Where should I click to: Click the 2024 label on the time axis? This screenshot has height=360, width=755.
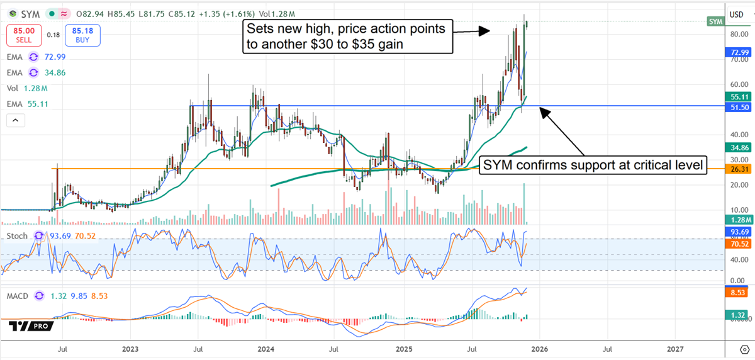pyautogui.click(x=266, y=347)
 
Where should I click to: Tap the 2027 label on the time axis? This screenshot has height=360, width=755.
pyautogui.click(x=675, y=347)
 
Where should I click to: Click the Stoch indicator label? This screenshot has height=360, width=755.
pyautogui.click(x=18, y=236)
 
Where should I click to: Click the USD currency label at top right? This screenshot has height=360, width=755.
pyautogui.click(x=735, y=14)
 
